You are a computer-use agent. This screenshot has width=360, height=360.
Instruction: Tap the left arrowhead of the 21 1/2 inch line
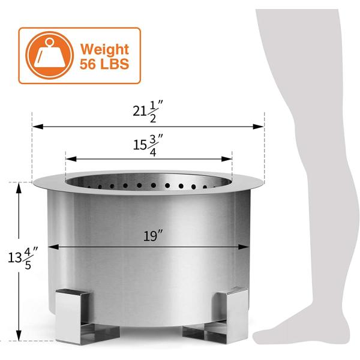point(36,127)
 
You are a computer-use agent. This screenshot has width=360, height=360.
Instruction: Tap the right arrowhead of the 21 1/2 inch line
point(260,127)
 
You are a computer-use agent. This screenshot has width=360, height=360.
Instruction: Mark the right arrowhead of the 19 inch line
point(246,246)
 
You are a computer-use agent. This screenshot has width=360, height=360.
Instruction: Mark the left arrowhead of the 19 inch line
point(51,246)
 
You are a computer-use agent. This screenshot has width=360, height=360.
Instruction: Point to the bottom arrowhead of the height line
point(19,337)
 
